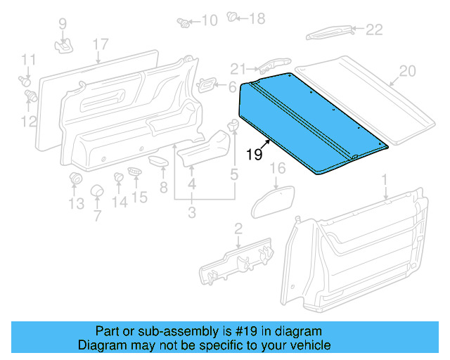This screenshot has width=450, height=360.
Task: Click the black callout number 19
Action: tap(255, 154)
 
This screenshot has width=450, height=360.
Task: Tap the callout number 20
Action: tap(407, 71)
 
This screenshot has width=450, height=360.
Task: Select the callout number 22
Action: tap(374, 30)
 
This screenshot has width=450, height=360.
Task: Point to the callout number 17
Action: tap(101, 44)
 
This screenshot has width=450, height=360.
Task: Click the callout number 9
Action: tap(63, 23)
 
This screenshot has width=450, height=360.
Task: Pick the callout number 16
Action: tap(278, 168)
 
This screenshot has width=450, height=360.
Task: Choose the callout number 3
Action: tap(192, 212)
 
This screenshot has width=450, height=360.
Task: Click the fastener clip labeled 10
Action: tap(184, 22)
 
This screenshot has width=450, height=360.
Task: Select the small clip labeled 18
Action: tap(231, 16)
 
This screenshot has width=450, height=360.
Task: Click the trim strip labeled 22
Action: tap(329, 32)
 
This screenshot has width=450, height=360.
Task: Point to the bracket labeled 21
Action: tap(274, 65)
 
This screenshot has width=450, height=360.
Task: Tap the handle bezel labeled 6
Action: tap(206, 84)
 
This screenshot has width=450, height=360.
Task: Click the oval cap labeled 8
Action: tap(158, 160)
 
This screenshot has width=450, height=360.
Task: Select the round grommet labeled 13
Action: tap(76, 179)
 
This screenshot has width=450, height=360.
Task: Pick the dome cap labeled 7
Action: tap(97, 191)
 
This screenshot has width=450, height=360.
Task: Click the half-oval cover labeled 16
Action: tap(273, 202)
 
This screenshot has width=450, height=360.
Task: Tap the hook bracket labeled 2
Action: tap(237, 262)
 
